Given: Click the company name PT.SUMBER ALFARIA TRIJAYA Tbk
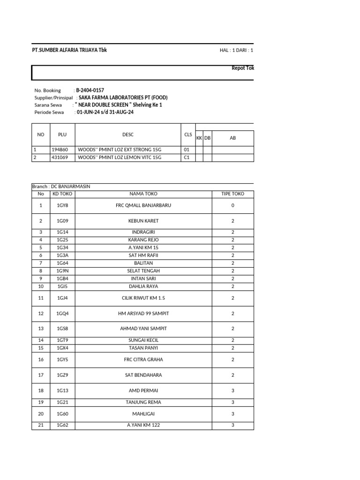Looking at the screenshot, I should pos(69,50).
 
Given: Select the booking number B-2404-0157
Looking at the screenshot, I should pos(90,90).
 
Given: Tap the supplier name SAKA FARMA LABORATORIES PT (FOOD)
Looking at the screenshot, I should pos(123,97).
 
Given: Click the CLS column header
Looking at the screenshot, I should pos(188,135).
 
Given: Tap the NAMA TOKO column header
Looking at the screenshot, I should pos(143,194).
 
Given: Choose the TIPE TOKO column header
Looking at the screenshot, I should pos(232,194).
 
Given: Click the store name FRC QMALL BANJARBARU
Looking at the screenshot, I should pos(143,205).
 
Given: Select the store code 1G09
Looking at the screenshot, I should pos(62,221).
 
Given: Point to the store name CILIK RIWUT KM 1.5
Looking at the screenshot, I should pos(143,298).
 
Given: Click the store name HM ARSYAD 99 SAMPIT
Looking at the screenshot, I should pos(143,313).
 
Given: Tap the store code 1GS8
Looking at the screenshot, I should pos(62,329).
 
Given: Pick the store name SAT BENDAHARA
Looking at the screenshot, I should pos(143,375).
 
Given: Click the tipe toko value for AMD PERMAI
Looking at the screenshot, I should pos(232,390).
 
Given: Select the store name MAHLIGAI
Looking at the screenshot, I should pos(143,414).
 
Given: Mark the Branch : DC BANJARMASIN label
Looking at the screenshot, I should pos(61,187).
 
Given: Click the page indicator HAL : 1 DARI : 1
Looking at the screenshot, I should pos(236,51).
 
